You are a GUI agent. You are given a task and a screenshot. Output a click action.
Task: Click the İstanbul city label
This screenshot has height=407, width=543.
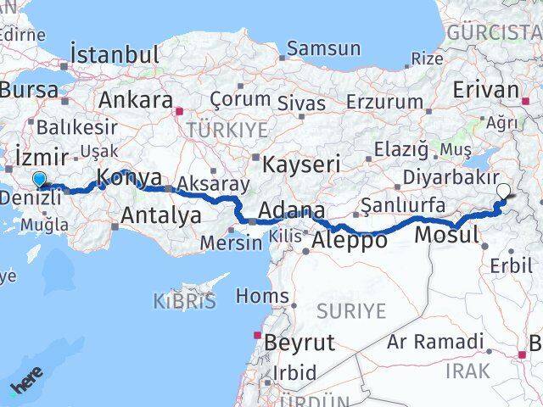tap(115, 54)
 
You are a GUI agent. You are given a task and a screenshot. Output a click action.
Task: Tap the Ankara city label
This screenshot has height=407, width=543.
tap(136, 99)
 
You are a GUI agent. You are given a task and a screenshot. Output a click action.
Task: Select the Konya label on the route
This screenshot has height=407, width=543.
tap(130, 177)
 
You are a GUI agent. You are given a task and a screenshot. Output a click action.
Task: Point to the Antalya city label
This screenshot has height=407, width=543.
tap(160, 215)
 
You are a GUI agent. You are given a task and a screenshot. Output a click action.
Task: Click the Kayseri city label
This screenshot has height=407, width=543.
tap(301, 163)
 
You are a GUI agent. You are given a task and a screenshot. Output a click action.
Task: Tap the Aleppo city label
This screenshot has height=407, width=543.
tap(350, 240)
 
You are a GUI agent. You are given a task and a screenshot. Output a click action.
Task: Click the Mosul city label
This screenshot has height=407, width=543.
tap(450, 233)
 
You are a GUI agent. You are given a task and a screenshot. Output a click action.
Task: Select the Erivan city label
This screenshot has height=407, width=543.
tap(486, 90)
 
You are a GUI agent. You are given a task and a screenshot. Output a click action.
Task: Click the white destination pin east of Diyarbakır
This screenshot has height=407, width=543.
tap(504, 192)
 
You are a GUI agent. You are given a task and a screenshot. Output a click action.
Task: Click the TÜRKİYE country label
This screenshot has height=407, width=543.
tap(227, 130)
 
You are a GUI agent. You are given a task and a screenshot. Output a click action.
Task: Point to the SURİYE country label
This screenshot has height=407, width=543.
tap(350, 311)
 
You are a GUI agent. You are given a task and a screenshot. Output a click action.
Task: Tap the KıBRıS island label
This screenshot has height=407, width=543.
tap(185, 300)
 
